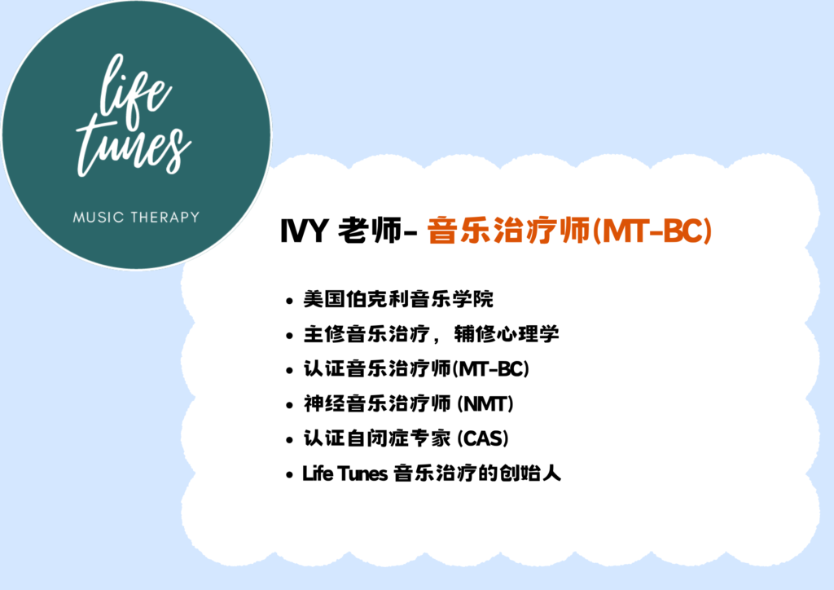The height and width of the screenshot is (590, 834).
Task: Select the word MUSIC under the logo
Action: (x=99, y=217)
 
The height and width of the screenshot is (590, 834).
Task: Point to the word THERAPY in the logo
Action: (x=165, y=217)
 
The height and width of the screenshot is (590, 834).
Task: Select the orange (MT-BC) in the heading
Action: (x=652, y=231)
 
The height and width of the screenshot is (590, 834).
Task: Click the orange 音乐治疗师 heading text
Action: (x=508, y=231)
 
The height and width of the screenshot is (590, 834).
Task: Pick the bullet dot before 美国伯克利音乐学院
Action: (x=289, y=302)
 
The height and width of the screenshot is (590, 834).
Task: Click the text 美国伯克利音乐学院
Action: (x=398, y=299)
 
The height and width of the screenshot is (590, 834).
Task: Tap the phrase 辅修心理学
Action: (x=507, y=334)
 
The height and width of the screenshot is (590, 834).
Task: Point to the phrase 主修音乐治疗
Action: (x=367, y=334)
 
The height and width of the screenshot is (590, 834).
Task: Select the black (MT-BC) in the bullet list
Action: (x=490, y=368)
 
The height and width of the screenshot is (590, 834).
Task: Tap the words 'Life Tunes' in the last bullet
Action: (x=345, y=473)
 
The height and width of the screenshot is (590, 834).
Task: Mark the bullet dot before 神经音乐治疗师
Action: (x=289, y=405)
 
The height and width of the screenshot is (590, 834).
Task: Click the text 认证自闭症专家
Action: (x=377, y=438)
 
